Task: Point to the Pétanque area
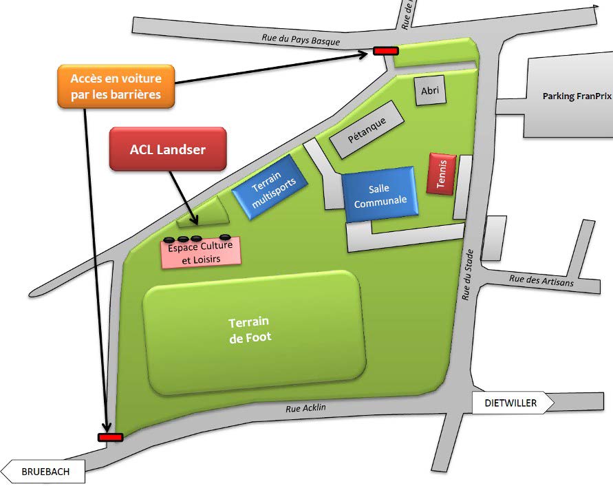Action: point(366,129)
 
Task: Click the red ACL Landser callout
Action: point(168,149)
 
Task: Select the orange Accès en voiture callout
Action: point(116,85)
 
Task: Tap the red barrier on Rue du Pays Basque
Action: point(385,50)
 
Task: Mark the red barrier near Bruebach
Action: point(110,437)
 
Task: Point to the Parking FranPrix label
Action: point(577,96)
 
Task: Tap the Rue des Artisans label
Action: point(531,281)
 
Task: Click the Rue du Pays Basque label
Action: point(301,40)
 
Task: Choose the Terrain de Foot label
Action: point(250,330)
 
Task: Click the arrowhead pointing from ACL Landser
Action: point(196,221)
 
